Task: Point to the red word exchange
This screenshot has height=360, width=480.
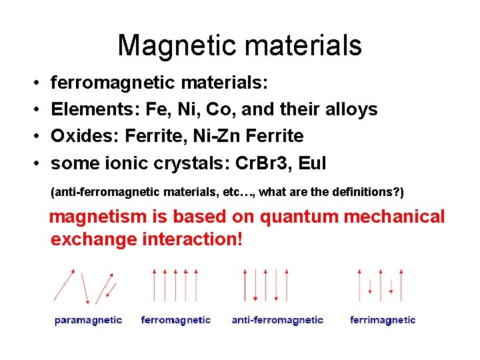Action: (x=93, y=239)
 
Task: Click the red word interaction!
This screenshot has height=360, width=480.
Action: (x=193, y=239)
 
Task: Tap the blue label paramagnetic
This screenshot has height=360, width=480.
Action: (x=88, y=320)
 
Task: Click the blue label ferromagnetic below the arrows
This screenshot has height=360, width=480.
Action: (x=176, y=320)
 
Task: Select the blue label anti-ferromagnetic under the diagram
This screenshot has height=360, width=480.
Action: (x=277, y=320)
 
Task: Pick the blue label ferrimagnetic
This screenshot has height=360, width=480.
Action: (x=383, y=320)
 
